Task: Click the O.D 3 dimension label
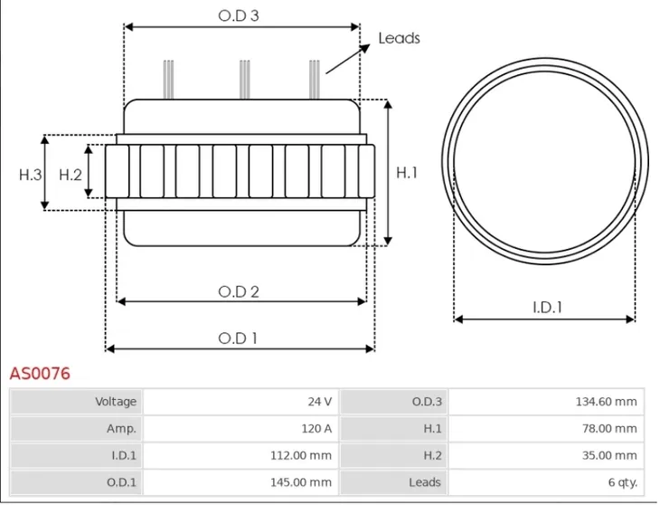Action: click(239, 15)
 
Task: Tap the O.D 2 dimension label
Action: click(239, 291)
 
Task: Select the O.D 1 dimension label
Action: click(238, 338)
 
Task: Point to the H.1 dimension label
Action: click(406, 172)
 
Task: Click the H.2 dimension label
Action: click(71, 175)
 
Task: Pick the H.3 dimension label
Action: click(31, 175)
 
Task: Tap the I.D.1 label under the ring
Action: click(547, 308)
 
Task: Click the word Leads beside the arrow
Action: click(399, 38)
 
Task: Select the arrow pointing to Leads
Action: click(348, 59)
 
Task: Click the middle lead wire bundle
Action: click(244, 80)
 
